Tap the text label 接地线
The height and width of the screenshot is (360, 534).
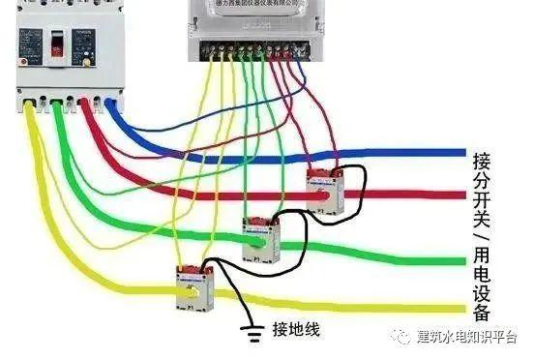(296, 329)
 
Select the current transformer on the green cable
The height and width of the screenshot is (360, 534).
(259, 236)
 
